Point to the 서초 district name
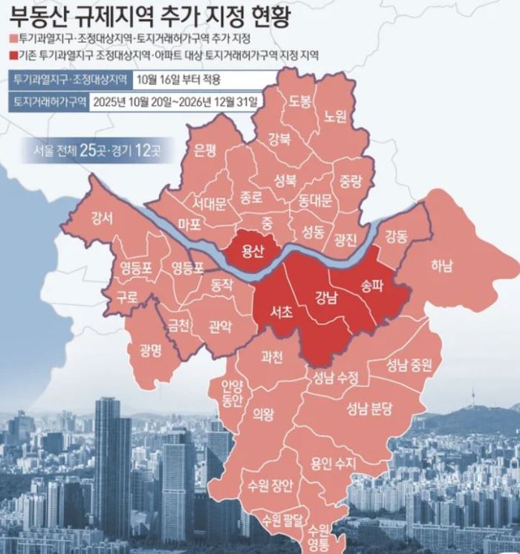click(x=280, y=312)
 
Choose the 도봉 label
click(x=300, y=100)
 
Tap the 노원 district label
click(x=336, y=117)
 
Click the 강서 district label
click(x=102, y=218)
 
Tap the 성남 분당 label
click(x=374, y=408)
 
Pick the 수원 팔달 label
click(x=278, y=518)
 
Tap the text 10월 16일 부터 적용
click(x=179, y=79)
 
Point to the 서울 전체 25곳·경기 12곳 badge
click(x=97, y=151)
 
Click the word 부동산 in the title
click(x=37, y=14)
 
